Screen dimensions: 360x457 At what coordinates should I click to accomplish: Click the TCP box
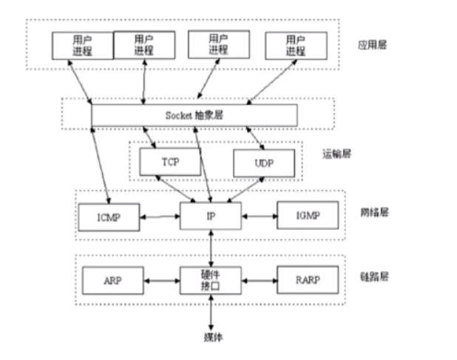pyautogui.click(x=169, y=161)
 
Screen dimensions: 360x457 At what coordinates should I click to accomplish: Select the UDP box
pyautogui.click(x=263, y=163)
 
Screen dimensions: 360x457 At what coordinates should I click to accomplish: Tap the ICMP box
pyautogui.click(x=109, y=217)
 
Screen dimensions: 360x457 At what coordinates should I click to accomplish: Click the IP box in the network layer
pyautogui.click(x=211, y=217)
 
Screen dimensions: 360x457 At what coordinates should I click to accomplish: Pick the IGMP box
pyautogui.click(x=307, y=217)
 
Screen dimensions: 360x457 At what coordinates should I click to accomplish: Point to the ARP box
pyautogui.click(x=112, y=281)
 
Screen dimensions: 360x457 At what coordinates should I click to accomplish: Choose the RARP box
pyautogui.click(x=307, y=281)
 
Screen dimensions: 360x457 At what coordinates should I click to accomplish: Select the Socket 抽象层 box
pyautogui.click(x=194, y=115)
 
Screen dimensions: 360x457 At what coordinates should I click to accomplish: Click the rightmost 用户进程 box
pyautogui.click(x=295, y=44)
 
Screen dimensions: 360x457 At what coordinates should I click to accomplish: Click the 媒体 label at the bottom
pyautogui.click(x=211, y=338)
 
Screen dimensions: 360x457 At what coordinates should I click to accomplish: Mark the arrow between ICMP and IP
pyautogui.click(x=160, y=217)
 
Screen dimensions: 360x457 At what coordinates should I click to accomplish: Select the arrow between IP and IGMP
pyautogui.click(x=259, y=217)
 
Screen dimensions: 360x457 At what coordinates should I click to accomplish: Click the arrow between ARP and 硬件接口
pyautogui.click(x=162, y=281)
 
